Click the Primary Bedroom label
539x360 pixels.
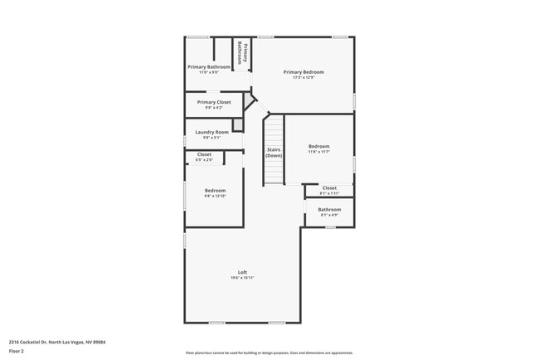tap(303, 72)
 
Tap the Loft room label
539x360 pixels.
tap(243, 273)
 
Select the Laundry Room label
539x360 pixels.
tap(212, 132)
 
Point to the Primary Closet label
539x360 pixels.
tap(214, 102)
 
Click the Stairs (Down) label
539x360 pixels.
tap(274, 153)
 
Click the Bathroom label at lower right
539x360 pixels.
tap(329, 209)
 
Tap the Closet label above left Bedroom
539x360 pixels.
tap(204, 154)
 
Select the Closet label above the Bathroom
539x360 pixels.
tap(329, 187)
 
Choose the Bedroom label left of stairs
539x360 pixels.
tap(215, 190)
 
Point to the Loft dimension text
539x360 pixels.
tap(243, 279)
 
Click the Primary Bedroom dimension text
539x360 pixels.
tap(303, 78)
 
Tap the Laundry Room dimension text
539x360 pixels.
tap(212, 138)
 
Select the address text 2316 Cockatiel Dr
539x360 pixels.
tap(57, 342)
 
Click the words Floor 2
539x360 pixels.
tap(17, 352)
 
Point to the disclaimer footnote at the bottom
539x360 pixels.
tap(269, 353)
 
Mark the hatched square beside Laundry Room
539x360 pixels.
tap(238, 125)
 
